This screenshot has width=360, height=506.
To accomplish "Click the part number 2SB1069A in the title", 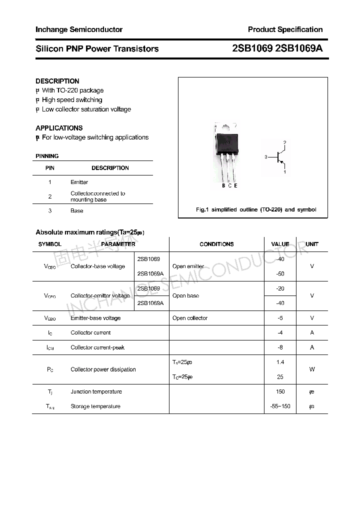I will pos(299,48).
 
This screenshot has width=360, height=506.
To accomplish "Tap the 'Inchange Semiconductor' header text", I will pos(79,29).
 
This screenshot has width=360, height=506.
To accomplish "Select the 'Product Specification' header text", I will pos(285,29).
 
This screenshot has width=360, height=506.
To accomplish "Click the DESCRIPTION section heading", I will pos(57,81).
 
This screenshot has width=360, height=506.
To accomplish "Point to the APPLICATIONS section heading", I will pos(59,128).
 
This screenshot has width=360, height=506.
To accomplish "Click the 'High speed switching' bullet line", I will pos(71,100).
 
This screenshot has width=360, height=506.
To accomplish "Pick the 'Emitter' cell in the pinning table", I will pos(79,182).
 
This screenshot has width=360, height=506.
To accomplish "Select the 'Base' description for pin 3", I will pos(77,211).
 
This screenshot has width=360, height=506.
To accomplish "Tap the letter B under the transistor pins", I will pos(223,186).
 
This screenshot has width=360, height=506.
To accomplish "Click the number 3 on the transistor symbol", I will pos(266,157).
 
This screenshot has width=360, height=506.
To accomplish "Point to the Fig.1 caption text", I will pos(255,210).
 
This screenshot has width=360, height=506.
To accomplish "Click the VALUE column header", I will pos(280,244).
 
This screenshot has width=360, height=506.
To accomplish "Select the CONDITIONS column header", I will pos(216,244).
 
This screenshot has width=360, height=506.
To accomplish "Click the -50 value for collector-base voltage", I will pos(280,274).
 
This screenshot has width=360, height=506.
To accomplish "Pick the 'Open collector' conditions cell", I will pos(190,318).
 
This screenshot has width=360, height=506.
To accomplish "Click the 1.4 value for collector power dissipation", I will pos(280,362).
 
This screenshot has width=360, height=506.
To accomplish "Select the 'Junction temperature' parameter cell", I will pos(95,392).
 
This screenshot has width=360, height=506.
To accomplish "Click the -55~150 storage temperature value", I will pos(280,406).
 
